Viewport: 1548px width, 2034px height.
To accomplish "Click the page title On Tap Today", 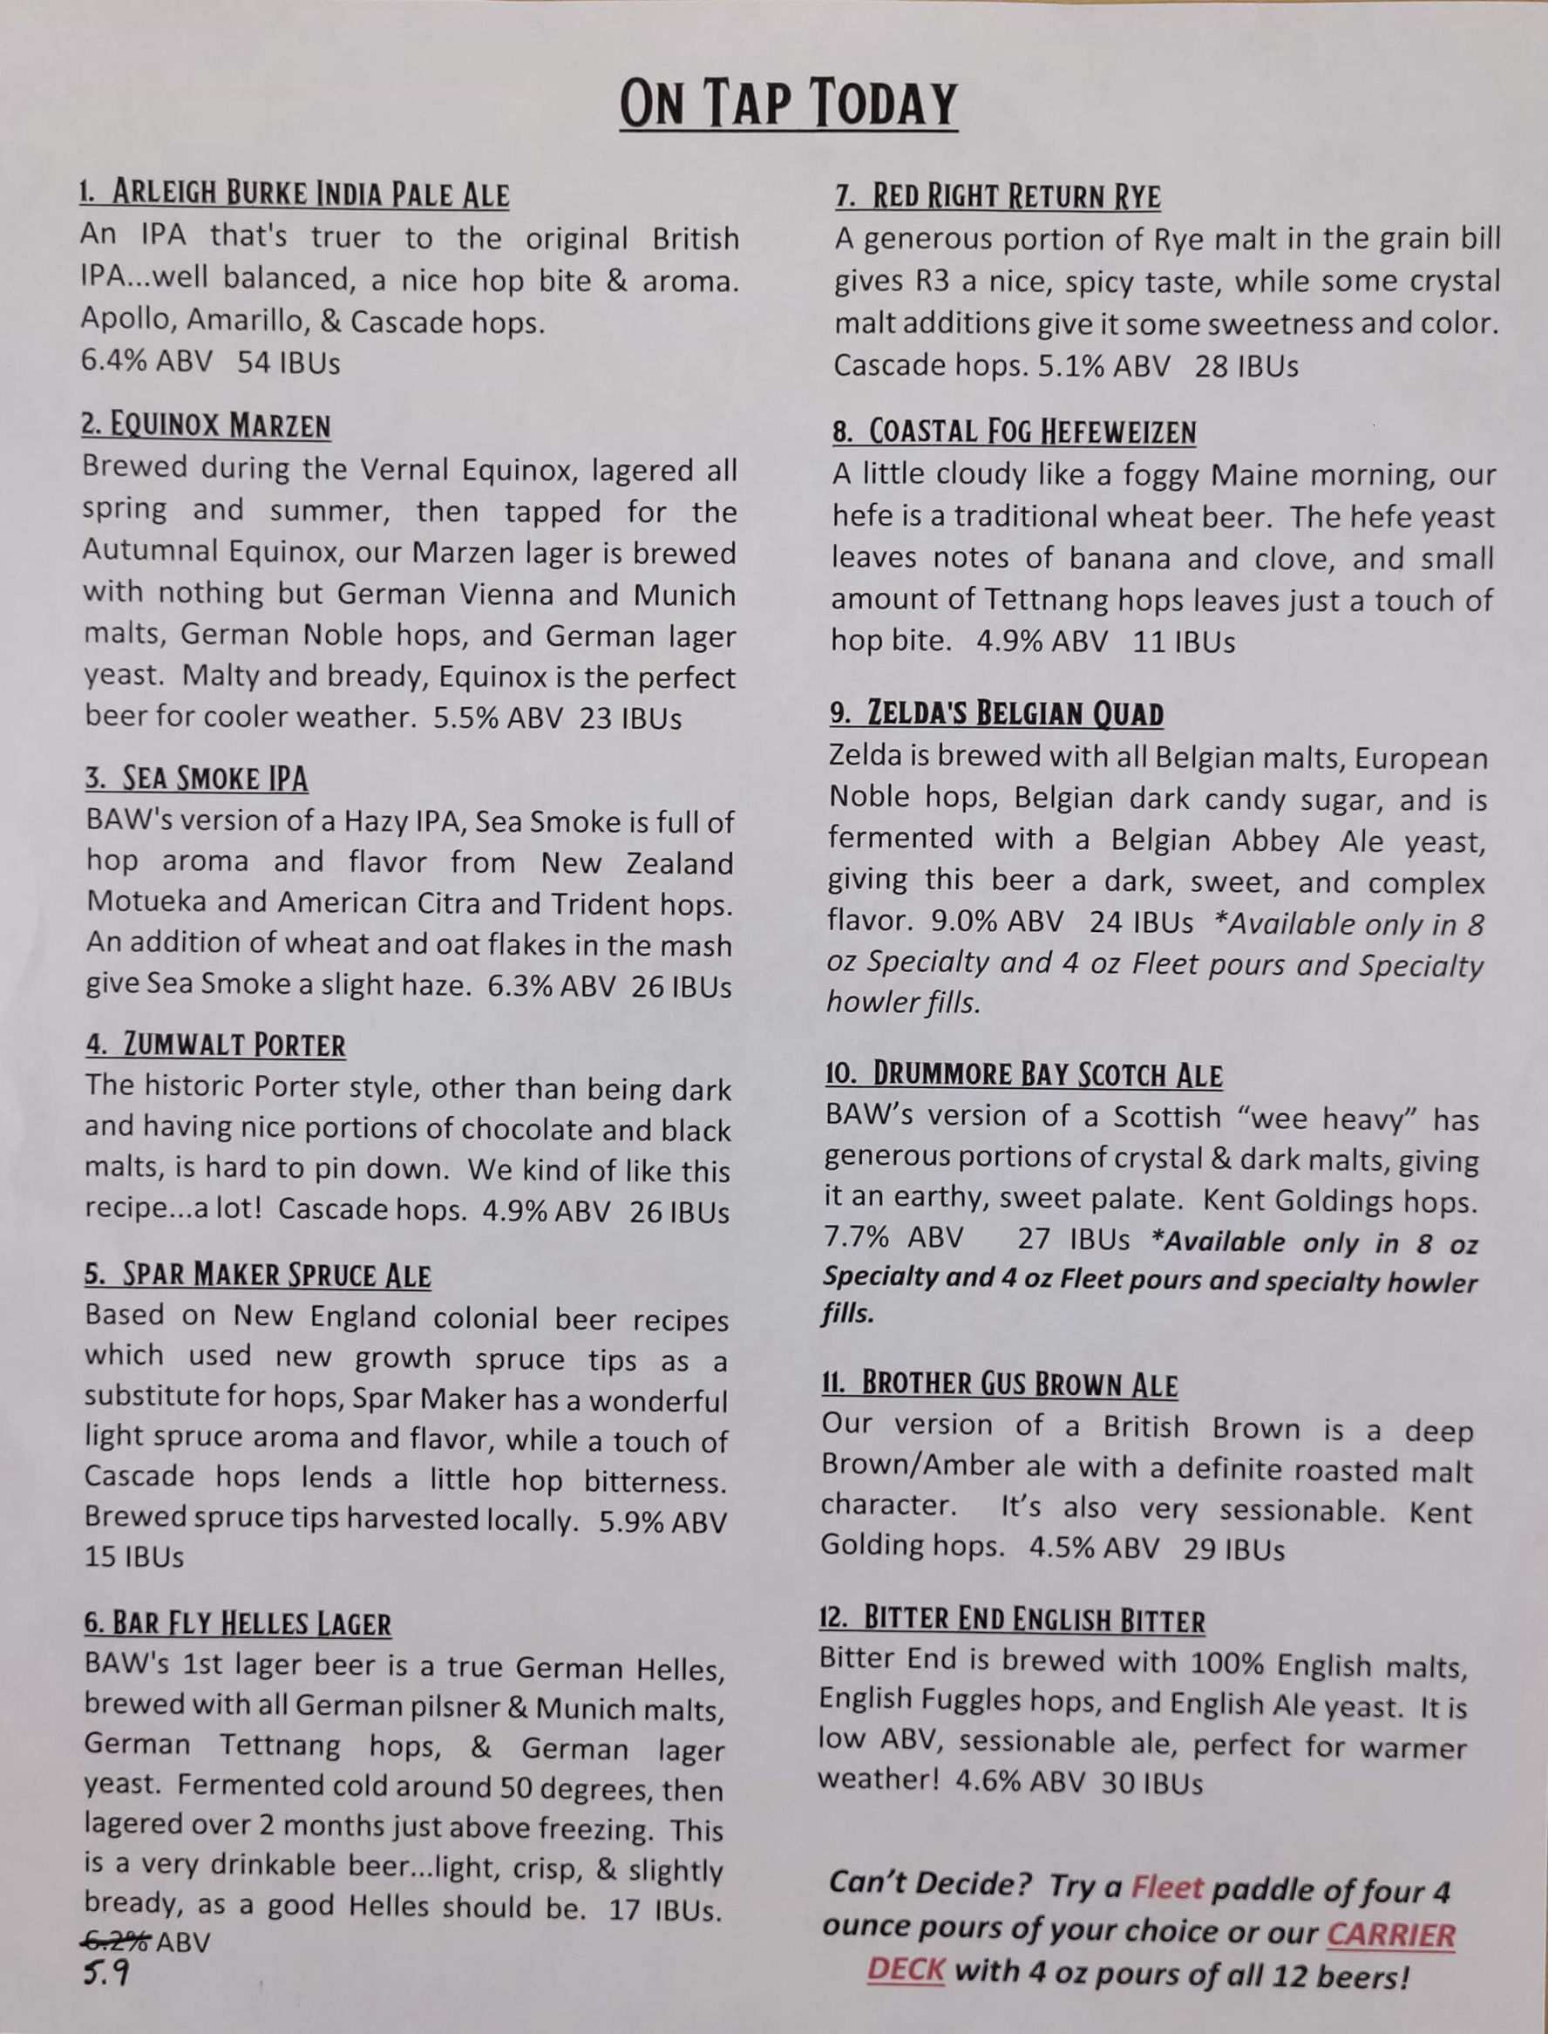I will (x=788, y=103).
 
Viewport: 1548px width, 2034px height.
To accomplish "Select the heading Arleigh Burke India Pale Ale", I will (x=294, y=194).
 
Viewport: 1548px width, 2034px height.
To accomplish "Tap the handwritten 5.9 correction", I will (x=106, y=1973).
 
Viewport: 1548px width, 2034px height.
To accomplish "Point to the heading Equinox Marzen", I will (x=206, y=425).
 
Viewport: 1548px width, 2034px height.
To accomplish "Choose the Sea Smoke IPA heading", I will (x=196, y=779).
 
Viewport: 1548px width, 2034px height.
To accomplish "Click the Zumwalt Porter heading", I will (x=215, y=1045).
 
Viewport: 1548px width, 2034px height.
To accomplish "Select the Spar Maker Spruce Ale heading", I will (x=257, y=1276).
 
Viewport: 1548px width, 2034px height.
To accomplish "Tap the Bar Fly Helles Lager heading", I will (x=237, y=1624).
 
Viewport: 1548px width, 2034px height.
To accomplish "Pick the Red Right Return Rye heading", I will (x=998, y=196).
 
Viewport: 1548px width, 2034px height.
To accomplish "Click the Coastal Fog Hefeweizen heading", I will (x=1014, y=432).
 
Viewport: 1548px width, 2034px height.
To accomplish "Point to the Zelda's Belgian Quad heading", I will (x=996, y=713).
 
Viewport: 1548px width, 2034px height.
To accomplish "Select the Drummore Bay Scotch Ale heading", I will (x=1023, y=1075).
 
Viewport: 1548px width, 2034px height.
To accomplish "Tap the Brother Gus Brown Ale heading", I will (x=1000, y=1384).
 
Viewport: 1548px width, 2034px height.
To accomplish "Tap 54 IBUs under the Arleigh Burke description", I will (x=289, y=363).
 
